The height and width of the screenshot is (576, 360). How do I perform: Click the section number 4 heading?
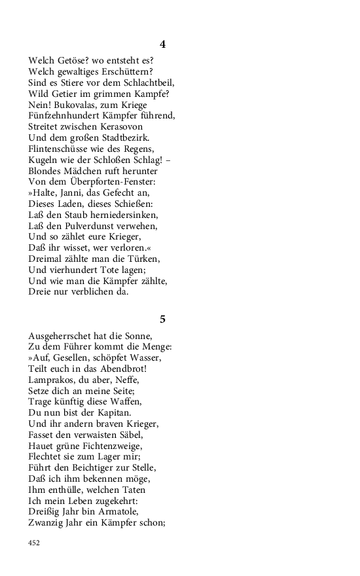click(162, 45)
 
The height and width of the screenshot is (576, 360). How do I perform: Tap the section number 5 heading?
click(162, 319)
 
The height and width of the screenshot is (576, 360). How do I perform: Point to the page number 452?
click(35, 543)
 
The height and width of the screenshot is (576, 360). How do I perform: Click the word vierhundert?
click(74, 270)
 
